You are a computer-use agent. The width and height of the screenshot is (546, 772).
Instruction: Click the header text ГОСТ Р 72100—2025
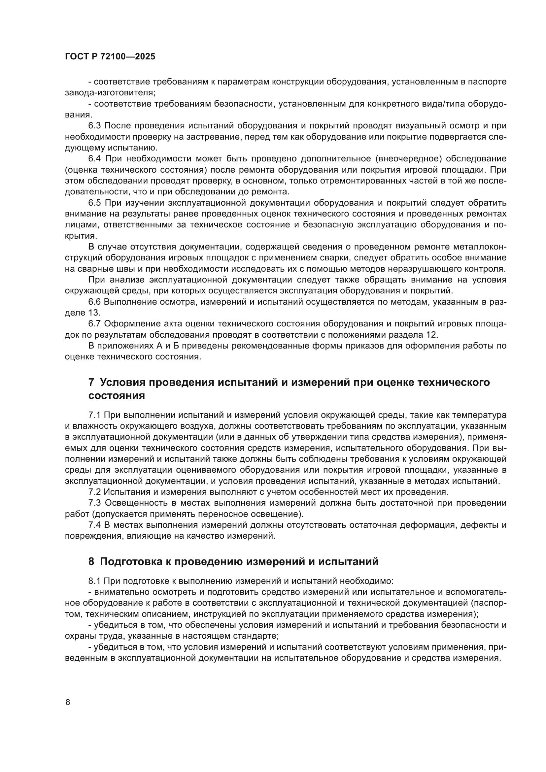tap(110, 56)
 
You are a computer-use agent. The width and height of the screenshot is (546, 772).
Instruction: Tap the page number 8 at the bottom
tap(68, 702)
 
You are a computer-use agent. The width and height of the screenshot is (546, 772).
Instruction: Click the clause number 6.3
tap(94, 126)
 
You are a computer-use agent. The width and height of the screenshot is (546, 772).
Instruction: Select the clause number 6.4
tap(95, 159)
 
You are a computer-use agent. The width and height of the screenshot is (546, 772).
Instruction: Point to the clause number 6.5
tap(95, 203)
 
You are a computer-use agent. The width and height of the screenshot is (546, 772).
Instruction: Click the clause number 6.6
tap(94, 302)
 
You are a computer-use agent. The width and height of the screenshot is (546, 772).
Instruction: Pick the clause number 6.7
tap(94, 324)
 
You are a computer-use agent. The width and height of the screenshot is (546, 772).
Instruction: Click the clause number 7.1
tap(94, 416)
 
